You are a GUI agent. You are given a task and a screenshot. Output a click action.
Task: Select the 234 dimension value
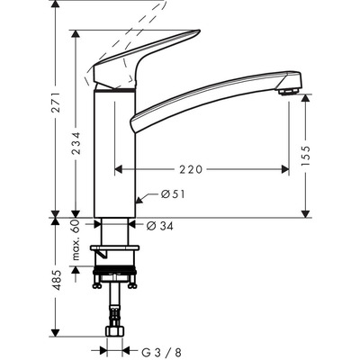click(x=78, y=142)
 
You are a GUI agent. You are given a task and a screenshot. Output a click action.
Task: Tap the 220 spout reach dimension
click(x=196, y=167)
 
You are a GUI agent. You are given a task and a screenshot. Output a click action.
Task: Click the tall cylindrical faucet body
click(x=114, y=153)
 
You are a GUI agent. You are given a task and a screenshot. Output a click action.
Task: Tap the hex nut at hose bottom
click(x=114, y=332)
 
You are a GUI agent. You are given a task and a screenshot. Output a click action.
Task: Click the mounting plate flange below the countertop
click(x=114, y=249)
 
